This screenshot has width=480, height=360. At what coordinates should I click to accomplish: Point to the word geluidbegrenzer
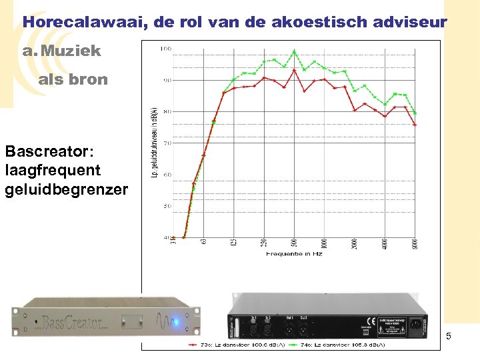pyautogui.click(x=66, y=189)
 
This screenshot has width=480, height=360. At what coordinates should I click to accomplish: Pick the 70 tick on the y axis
pyautogui.click(x=167, y=143)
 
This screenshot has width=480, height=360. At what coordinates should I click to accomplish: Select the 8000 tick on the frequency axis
pyautogui.click(x=415, y=244)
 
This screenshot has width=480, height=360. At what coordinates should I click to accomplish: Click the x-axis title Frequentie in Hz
pyautogui.click(x=295, y=254)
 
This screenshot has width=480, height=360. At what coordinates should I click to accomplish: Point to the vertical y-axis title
pyautogui.click(x=155, y=143)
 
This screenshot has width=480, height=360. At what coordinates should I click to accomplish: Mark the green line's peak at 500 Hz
pyautogui.click(x=294, y=51)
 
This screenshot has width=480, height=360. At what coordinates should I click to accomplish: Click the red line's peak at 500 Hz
pyautogui.click(x=294, y=70)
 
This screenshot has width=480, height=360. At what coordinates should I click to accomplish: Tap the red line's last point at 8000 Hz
pyautogui.click(x=415, y=125)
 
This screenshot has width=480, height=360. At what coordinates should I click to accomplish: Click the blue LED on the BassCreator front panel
pyautogui.click(x=176, y=323)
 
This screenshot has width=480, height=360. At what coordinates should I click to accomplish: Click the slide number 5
pyautogui.click(x=449, y=336)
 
